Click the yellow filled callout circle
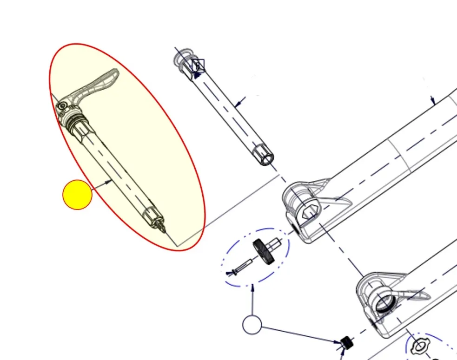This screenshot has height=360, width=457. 78,195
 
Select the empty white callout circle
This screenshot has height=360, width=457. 252,325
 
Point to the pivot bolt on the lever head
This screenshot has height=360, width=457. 61,106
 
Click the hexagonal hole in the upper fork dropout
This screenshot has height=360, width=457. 311,213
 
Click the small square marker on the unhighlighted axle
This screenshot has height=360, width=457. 198,65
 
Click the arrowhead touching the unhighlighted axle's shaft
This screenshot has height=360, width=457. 238,103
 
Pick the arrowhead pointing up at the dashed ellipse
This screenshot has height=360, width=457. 253,288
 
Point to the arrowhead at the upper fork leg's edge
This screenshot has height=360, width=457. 433,100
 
